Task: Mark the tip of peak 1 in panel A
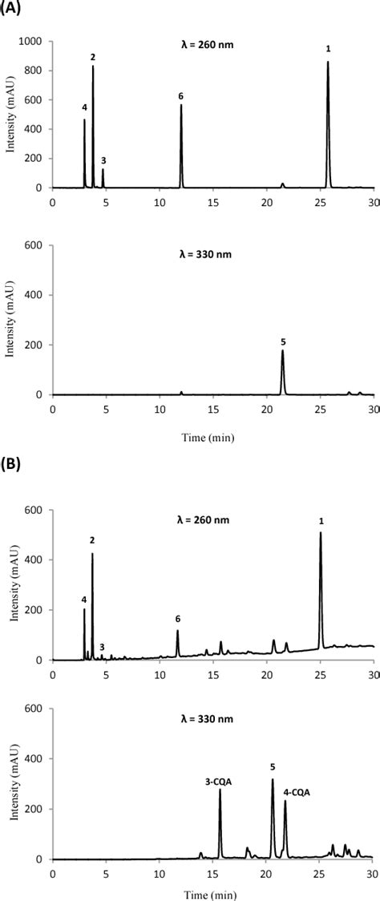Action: [x=328, y=63]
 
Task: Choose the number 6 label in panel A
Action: [x=181, y=96]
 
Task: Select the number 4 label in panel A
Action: [x=84, y=107]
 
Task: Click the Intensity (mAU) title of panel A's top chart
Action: [x=10, y=115]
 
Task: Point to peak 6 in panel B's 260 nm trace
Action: [x=177, y=632]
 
